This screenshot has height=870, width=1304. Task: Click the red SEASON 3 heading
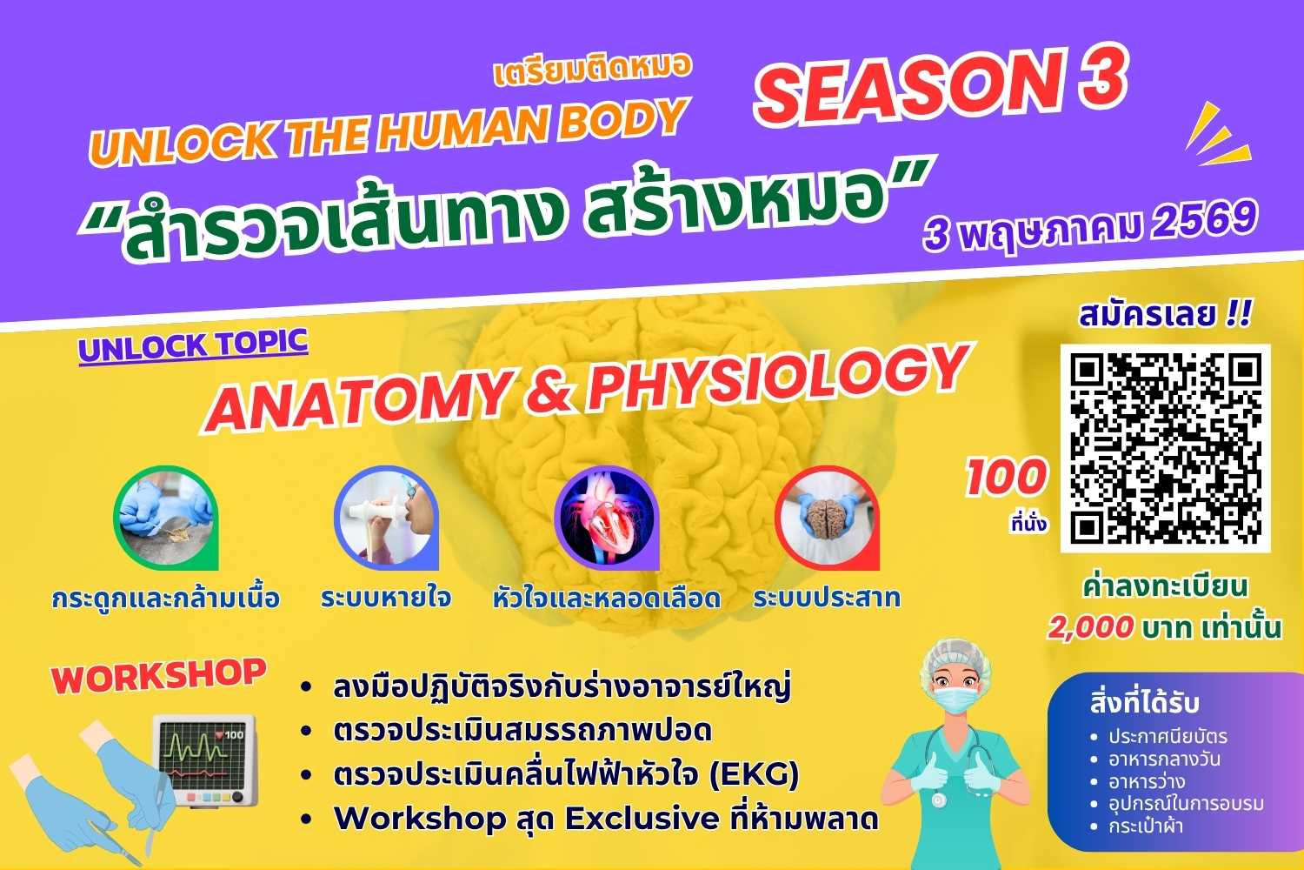point(940,83)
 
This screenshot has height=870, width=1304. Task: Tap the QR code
point(1166,448)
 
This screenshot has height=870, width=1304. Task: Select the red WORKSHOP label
point(158,676)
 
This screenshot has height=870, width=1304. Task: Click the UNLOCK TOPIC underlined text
point(193,346)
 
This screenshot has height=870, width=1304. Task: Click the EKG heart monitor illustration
point(204,760)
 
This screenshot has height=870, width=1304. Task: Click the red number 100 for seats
point(1007,477)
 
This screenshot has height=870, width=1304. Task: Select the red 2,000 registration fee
point(1090,628)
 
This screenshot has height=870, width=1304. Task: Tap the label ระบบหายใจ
point(386,599)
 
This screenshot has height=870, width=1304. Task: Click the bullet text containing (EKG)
point(566,775)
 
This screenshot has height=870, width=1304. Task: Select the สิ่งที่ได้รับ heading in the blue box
point(1145,703)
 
